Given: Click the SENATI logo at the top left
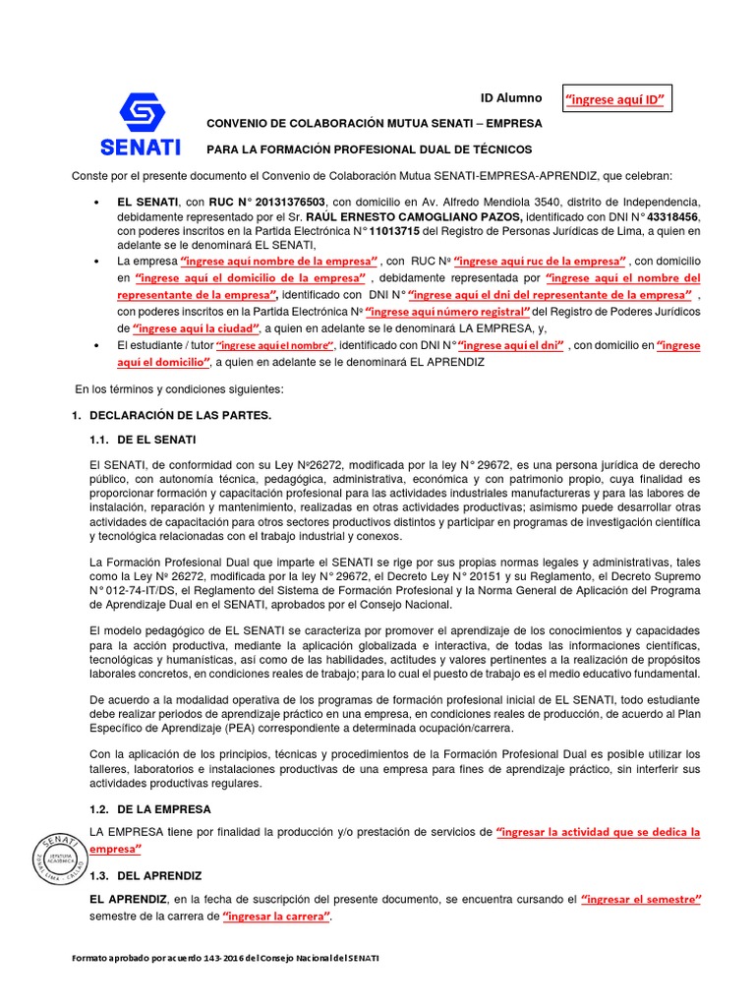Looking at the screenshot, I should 141,124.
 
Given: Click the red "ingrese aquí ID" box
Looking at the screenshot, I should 617,99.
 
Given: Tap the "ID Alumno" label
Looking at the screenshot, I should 510,98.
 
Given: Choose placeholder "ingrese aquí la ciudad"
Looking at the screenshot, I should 197,328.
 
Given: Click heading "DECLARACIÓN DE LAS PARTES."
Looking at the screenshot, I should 180,416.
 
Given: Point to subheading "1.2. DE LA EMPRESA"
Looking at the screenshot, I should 149,809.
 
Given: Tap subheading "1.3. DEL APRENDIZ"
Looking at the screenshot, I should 145,875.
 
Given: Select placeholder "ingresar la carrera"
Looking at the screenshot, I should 276,917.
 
